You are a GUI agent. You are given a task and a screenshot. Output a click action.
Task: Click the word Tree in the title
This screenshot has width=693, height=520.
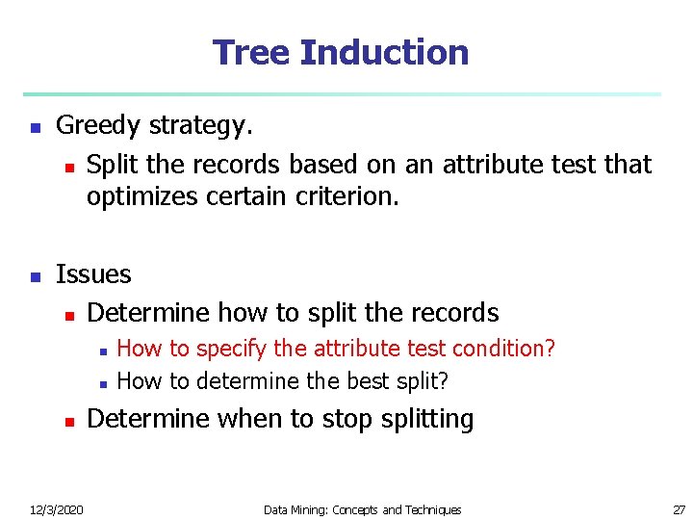click(x=251, y=52)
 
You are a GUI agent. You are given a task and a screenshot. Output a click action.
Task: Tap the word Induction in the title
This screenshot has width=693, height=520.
click(x=384, y=52)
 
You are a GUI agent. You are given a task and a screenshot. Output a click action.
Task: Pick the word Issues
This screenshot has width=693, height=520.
click(x=93, y=274)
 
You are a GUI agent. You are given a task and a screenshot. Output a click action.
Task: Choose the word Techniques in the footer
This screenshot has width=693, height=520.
click(x=430, y=509)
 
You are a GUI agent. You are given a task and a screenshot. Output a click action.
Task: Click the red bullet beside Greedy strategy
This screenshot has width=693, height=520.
click(x=35, y=127)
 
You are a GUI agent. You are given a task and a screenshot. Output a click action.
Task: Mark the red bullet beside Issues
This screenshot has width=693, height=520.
click(x=35, y=276)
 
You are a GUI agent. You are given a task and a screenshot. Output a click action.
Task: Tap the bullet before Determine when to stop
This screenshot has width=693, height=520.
click(x=67, y=421)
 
